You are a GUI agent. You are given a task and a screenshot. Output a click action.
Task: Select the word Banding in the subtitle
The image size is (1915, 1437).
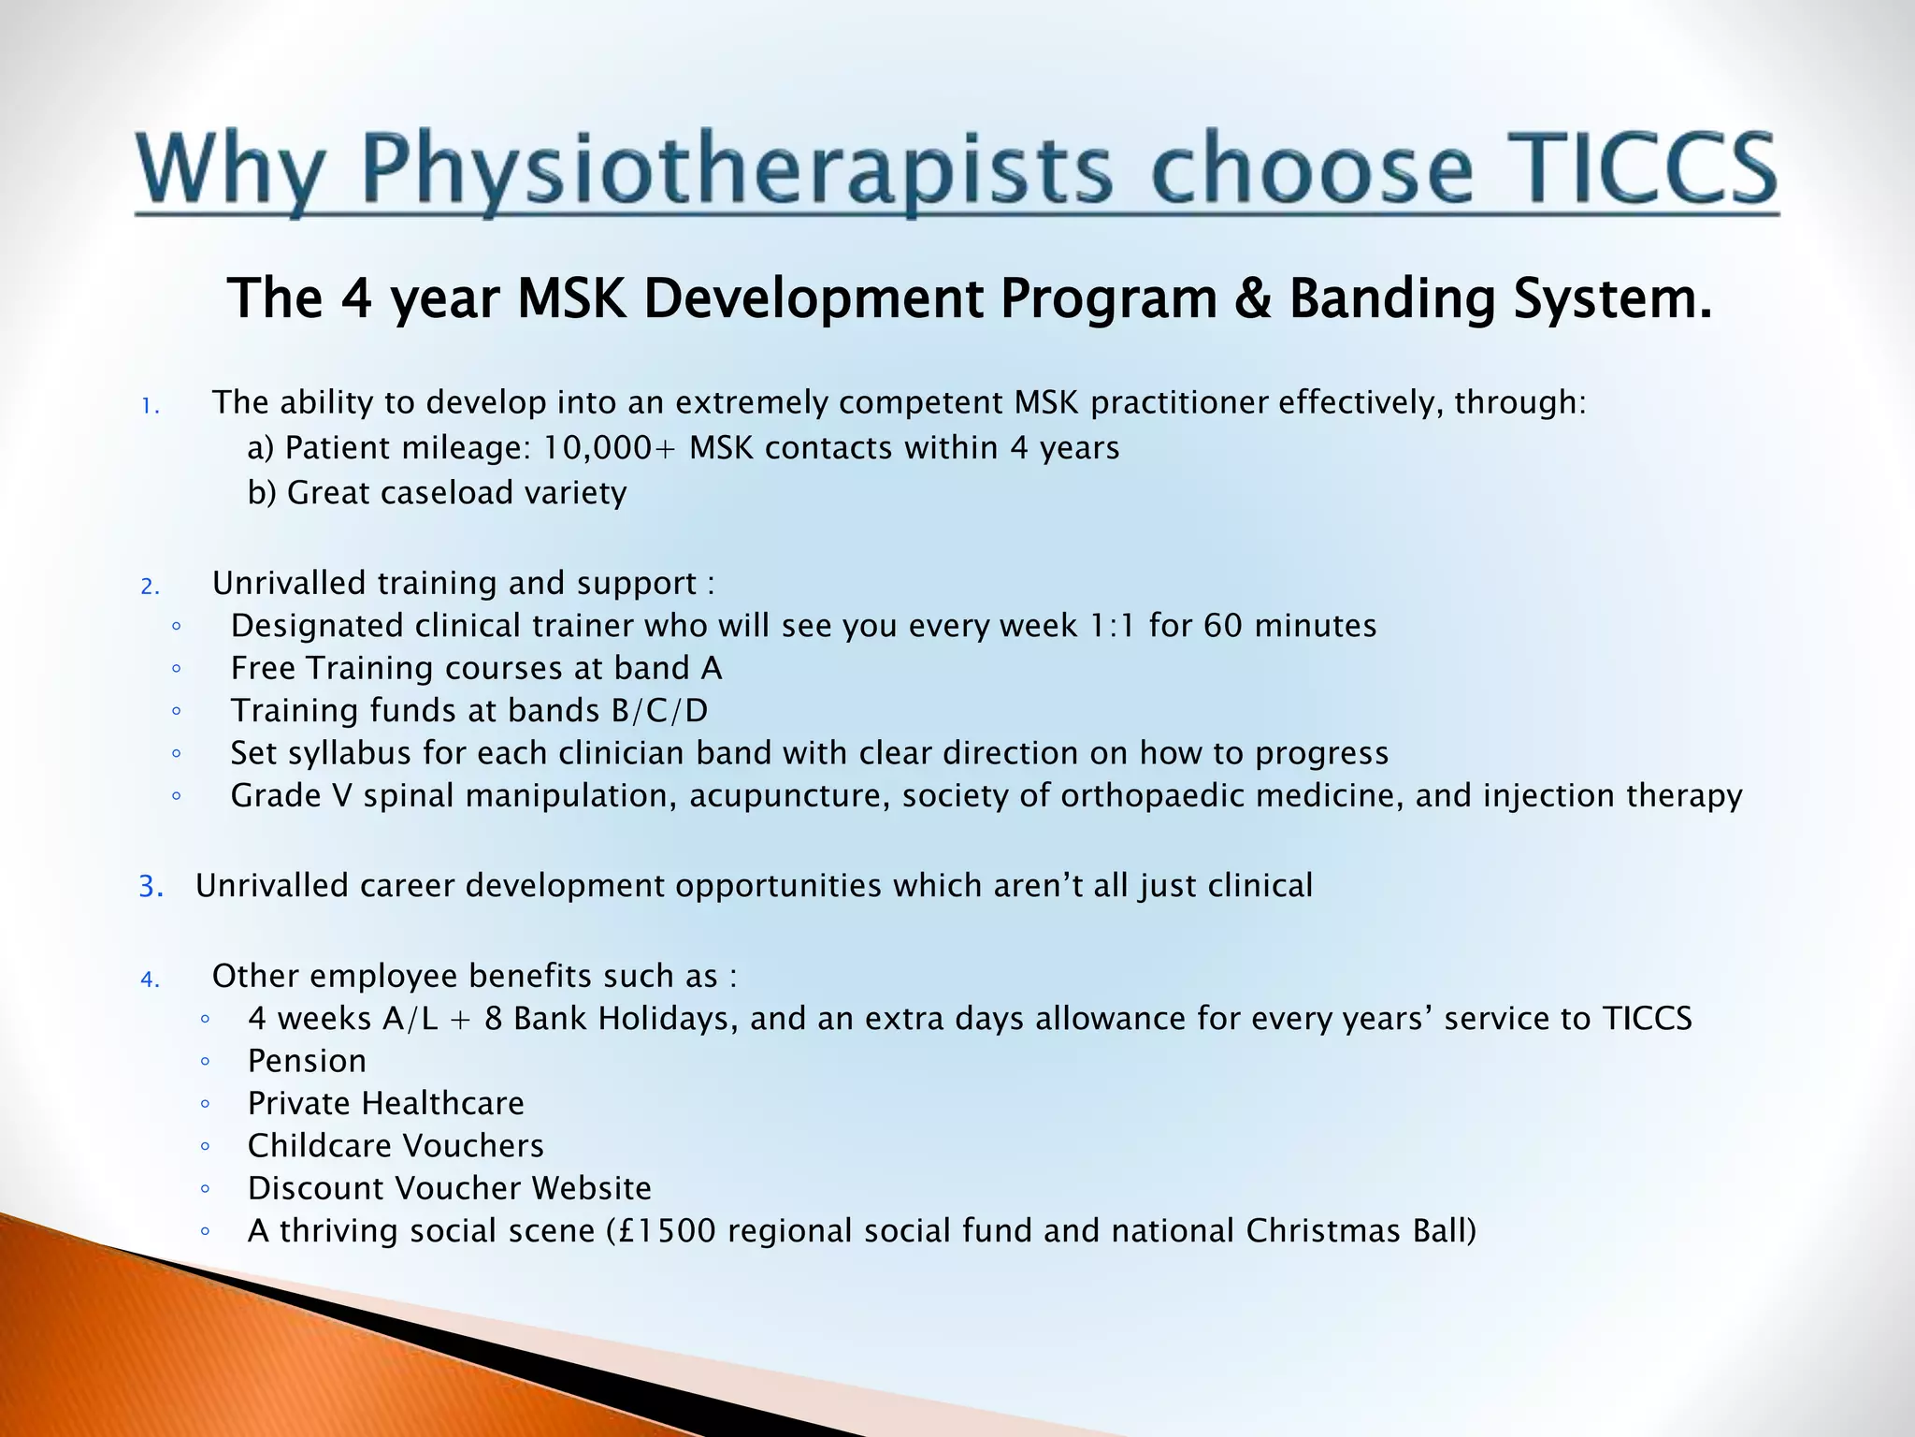click(x=1392, y=299)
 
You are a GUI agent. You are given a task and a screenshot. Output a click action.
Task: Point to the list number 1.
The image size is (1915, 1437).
click(x=150, y=406)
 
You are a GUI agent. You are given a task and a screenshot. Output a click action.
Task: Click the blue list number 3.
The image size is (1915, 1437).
click(x=151, y=886)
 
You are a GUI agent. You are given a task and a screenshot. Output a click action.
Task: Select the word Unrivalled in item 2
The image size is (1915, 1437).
click(x=289, y=583)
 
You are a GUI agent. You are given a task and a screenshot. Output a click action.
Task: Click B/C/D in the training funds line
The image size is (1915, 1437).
click(x=659, y=711)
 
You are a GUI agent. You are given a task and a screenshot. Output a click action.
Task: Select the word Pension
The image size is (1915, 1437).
click(x=307, y=1061)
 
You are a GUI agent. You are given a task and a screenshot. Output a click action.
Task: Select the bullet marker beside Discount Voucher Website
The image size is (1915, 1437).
click(x=205, y=1189)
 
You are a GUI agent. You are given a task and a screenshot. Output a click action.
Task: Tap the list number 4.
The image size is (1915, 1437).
click(x=151, y=980)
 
